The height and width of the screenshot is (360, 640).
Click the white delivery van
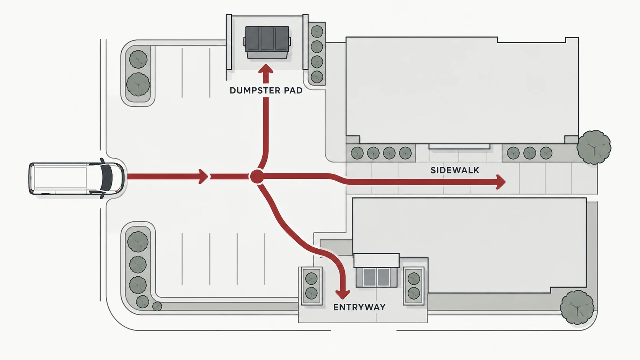(77, 178)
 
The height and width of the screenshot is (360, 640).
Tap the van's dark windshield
(107, 178)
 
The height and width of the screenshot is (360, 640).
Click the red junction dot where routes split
(256, 177)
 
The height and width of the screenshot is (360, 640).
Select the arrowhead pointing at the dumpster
(266, 70)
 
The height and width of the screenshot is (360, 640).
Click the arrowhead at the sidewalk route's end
(501, 182)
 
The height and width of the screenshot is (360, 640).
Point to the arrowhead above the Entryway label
(343, 294)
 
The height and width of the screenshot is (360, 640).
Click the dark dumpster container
(267, 42)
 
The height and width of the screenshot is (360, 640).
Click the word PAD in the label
(293, 91)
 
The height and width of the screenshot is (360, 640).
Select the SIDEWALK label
(455, 170)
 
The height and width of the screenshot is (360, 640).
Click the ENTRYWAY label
(359, 307)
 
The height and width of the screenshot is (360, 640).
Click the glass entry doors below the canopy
(376, 277)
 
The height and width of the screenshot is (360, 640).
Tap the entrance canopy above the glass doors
(376, 260)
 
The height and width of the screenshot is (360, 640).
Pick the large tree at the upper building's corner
(594, 147)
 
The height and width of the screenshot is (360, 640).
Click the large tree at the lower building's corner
(577, 308)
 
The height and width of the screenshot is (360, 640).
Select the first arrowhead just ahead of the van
(203, 176)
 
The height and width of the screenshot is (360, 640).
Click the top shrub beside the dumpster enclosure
(317, 32)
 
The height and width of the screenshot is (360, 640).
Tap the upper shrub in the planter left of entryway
(311, 279)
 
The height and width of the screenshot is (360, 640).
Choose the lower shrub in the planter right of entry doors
(414, 293)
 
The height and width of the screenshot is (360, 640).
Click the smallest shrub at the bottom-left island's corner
(157, 306)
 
